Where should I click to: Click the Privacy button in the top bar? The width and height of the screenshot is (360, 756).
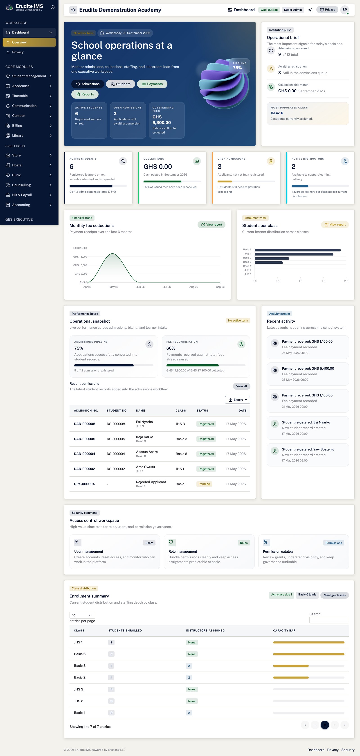coord(327,10)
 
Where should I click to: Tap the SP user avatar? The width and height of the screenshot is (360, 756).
coord(344,10)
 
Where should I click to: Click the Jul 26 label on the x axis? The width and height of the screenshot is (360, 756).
coord(167,287)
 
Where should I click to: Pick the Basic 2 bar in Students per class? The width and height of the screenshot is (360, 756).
coord(272,258)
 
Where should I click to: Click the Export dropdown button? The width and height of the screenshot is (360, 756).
coord(237,400)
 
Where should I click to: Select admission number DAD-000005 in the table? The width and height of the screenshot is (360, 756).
coord(85,439)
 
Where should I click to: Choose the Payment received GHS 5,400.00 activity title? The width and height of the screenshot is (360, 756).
coord(308,369)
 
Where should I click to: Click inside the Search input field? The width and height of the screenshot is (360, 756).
coord(329,620)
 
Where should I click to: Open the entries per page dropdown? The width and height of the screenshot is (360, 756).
coord(82,615)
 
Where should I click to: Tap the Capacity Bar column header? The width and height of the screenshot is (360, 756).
coord(284,630)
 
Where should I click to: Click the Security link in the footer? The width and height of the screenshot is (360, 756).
coord(348,750)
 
